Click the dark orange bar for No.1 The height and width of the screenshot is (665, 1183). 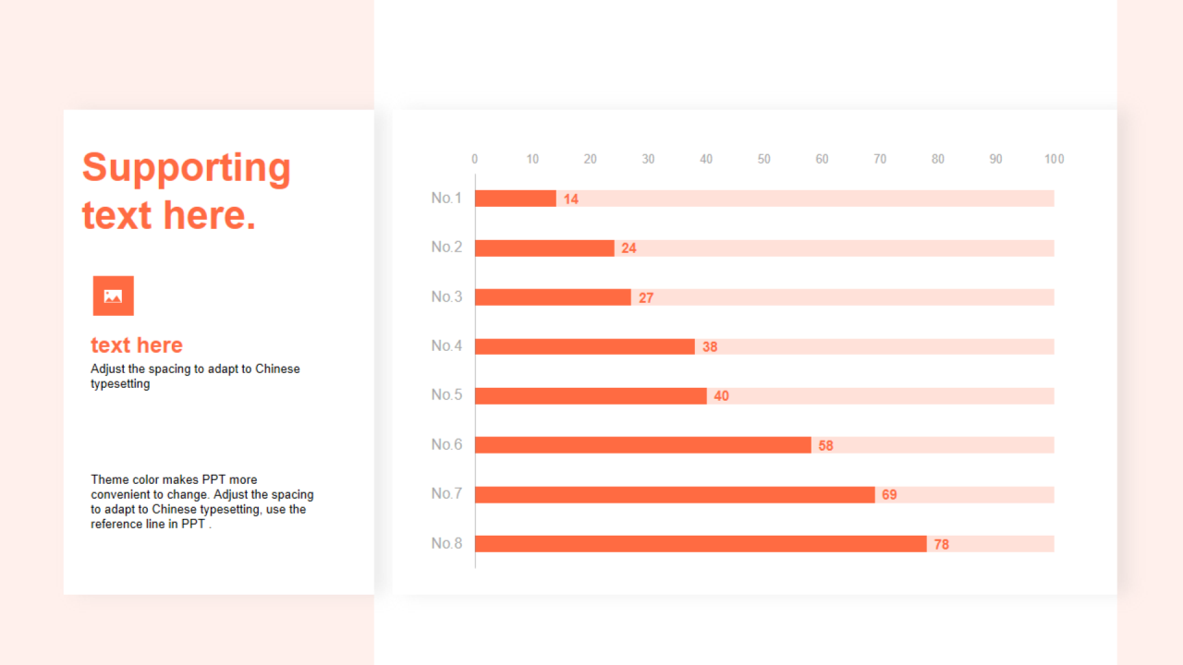[516, 199]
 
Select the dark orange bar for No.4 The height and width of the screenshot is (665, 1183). [585, 346]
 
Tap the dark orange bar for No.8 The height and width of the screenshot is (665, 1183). [701, 544]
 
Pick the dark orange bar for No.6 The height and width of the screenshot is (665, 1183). [643, 445]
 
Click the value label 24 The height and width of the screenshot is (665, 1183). [628, 248]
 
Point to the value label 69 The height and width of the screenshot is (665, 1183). [889, 495]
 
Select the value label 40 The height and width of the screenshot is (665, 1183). [721, 396]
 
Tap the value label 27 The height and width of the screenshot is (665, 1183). [646, 297]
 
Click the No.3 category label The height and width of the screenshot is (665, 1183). [446, 296]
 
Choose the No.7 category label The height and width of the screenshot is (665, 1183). [446, 494]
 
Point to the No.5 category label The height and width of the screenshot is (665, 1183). [446, 395]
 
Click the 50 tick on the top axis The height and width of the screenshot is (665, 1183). [764, 159]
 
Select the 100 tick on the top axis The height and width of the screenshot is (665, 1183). [1054, 159]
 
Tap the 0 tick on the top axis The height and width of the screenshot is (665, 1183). [475, 159]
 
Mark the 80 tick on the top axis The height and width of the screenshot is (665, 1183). [938, 159]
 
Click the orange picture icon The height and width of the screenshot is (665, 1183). [113, 296]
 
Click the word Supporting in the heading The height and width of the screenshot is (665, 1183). [187, 168]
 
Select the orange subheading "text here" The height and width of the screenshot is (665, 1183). [137, 345]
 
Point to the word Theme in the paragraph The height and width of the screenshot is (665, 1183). [109, 479]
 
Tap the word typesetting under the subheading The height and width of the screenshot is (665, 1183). [120, 384]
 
